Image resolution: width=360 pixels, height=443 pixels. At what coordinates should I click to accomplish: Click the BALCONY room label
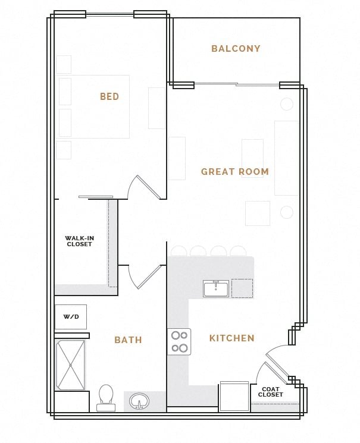pyautogui.click(x=236, y=49)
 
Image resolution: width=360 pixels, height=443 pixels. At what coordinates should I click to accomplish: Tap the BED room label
pyautogui.click(x=109, y=96)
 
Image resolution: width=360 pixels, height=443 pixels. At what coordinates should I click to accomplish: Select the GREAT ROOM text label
pyautogui.click(x=234, y=172)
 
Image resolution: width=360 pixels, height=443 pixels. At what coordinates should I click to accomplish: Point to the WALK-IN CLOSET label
pyautogui.click(x=79, y=241)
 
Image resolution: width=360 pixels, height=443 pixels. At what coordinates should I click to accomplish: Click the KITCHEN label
pyautogui.click(x=231, y=338)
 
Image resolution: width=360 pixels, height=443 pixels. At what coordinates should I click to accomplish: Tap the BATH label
pyautogui.click(x=128, y=340)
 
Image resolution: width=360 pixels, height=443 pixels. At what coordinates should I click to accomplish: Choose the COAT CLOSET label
pyautogui.click(x=271, y=392)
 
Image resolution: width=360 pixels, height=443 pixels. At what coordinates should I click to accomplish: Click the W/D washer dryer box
pyautogui.click(x=71, y=317)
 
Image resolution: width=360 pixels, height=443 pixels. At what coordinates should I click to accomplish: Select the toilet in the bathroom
pyautogui.click(x=106, y=397)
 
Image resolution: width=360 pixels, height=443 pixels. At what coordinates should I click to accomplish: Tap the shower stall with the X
pyautogui.click(x=71, y=365)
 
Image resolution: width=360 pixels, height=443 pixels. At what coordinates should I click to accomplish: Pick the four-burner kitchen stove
pyautogui.click(x=179, y=342)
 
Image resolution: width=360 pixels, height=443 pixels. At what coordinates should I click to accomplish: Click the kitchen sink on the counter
pyautogui.click(x=215, y=289)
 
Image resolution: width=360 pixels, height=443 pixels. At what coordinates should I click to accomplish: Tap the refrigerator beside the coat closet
pyautogui.click(x=234, y=396)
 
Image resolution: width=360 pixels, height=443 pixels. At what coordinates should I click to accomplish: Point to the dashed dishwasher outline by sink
pyautogui.click(x=242, y=288)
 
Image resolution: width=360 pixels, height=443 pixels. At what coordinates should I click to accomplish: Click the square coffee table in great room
pyautogui.click(x=257, y=213)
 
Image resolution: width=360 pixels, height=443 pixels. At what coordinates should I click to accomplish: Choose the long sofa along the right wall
pyautogui.click(x=286, y=158)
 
